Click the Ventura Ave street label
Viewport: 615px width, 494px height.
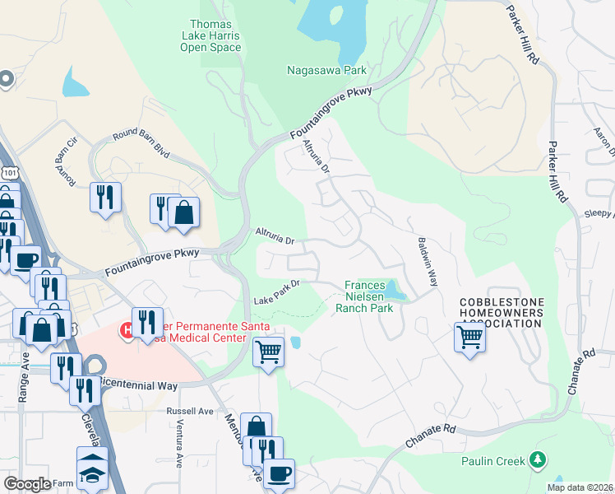[x=178, y=448]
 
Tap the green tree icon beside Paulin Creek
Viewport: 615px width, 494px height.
[x=538, y=459]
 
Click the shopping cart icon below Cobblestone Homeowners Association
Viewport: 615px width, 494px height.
[x=469, y=336]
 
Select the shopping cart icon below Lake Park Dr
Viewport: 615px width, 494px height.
[x=268, y=352]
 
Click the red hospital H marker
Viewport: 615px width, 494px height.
[x=128, y=330]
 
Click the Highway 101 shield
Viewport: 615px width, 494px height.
[x=9, y=175]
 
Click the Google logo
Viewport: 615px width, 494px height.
[x=27, y=483]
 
